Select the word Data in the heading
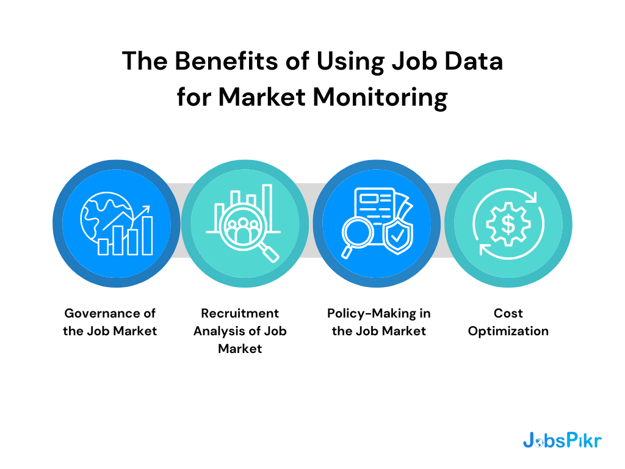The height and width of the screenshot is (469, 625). click(471, 63)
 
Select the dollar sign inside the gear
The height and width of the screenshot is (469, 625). click(508, 224)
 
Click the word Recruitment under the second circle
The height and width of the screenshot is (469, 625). click(240, 313)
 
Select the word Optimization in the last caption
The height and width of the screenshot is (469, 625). click(508, 332)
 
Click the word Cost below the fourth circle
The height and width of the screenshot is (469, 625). click(508, 313)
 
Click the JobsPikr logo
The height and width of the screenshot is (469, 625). click(562, 440)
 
